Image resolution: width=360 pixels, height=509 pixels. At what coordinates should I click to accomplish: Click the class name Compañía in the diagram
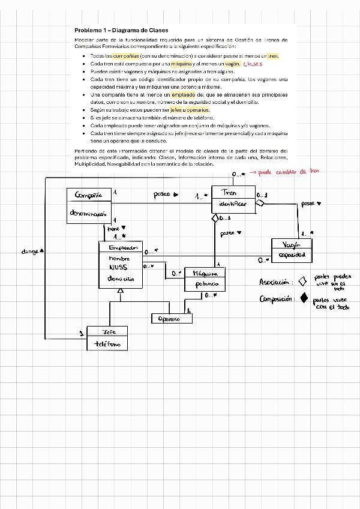pyautogui.click(x=89, y=195)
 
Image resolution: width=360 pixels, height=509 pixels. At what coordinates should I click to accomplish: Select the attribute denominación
pyautogui.click(x=89, y=213)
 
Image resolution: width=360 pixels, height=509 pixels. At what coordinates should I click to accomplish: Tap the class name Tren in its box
pyautogui.click(x=229, y=193)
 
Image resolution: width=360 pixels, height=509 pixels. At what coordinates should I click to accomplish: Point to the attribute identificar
pyautogui.click(x=229, y=205)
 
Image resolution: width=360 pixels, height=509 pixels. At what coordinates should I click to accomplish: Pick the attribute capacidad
pyautogui.click(x=292, y=254)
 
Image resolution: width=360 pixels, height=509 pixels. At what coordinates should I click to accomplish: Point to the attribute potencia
pyautogui.click(x=205, y=284)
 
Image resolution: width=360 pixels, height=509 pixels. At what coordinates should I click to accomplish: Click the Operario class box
pyautogui.click(x=172, y=319)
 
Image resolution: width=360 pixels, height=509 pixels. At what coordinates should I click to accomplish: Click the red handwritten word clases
pyautogui.click(x=254, y=64)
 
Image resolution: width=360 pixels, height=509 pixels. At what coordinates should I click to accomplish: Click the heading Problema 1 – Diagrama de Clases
pyautogui.click(x=121, y=30)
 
